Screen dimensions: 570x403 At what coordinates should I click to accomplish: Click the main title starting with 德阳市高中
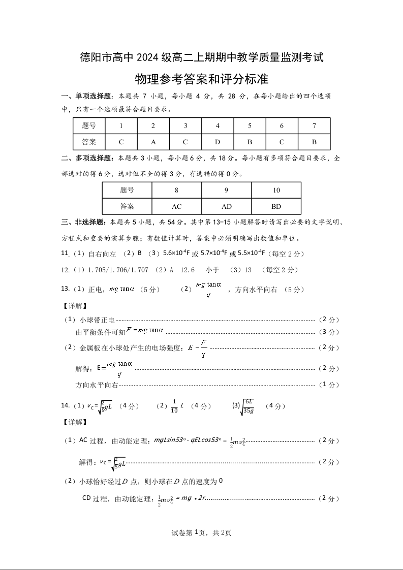pyautogui.click(x=202, y=57)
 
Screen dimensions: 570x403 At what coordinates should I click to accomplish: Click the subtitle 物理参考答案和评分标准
pyautogui.click(x=202, y=80)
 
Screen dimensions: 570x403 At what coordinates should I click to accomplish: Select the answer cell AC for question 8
pyautogui.click(x=176, y=206)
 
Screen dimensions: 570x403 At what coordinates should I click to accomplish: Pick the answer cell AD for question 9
pyautogui.click(x=226, y=206)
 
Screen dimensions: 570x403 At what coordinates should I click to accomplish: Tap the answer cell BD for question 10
pyautogui.click(x=276, y=206)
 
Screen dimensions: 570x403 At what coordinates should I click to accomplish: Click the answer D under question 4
pyautogui.click(x=218, y=142)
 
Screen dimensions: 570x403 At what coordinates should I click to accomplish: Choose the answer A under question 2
pyautogui.click(x=153, y=142)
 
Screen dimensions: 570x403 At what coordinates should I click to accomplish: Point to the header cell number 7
pyautogui.click(x=314, y=125)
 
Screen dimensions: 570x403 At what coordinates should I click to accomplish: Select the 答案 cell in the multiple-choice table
pyautogui.click(x=127, y=206)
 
